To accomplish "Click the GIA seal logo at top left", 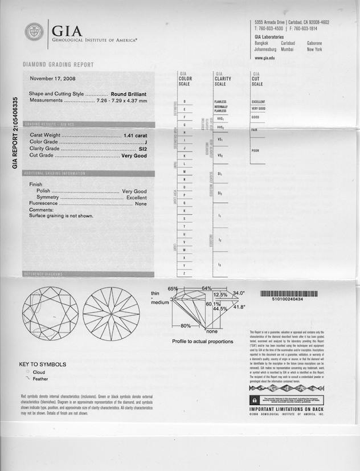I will point(35,31).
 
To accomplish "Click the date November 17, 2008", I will point(53,79).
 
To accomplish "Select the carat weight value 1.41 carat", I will point(135,136).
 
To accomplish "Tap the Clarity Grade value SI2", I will point(142,149).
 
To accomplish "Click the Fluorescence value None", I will point(141,204).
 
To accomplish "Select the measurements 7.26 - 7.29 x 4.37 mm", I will point(122,100).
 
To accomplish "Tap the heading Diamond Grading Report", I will point(58,65).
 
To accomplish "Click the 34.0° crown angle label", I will point(239,293).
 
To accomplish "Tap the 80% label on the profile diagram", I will point(186,325).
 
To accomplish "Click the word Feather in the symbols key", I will point(41,378).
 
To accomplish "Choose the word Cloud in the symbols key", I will point(39,371).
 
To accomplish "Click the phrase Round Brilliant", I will point(129,94).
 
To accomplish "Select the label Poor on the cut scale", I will point(255,151).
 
